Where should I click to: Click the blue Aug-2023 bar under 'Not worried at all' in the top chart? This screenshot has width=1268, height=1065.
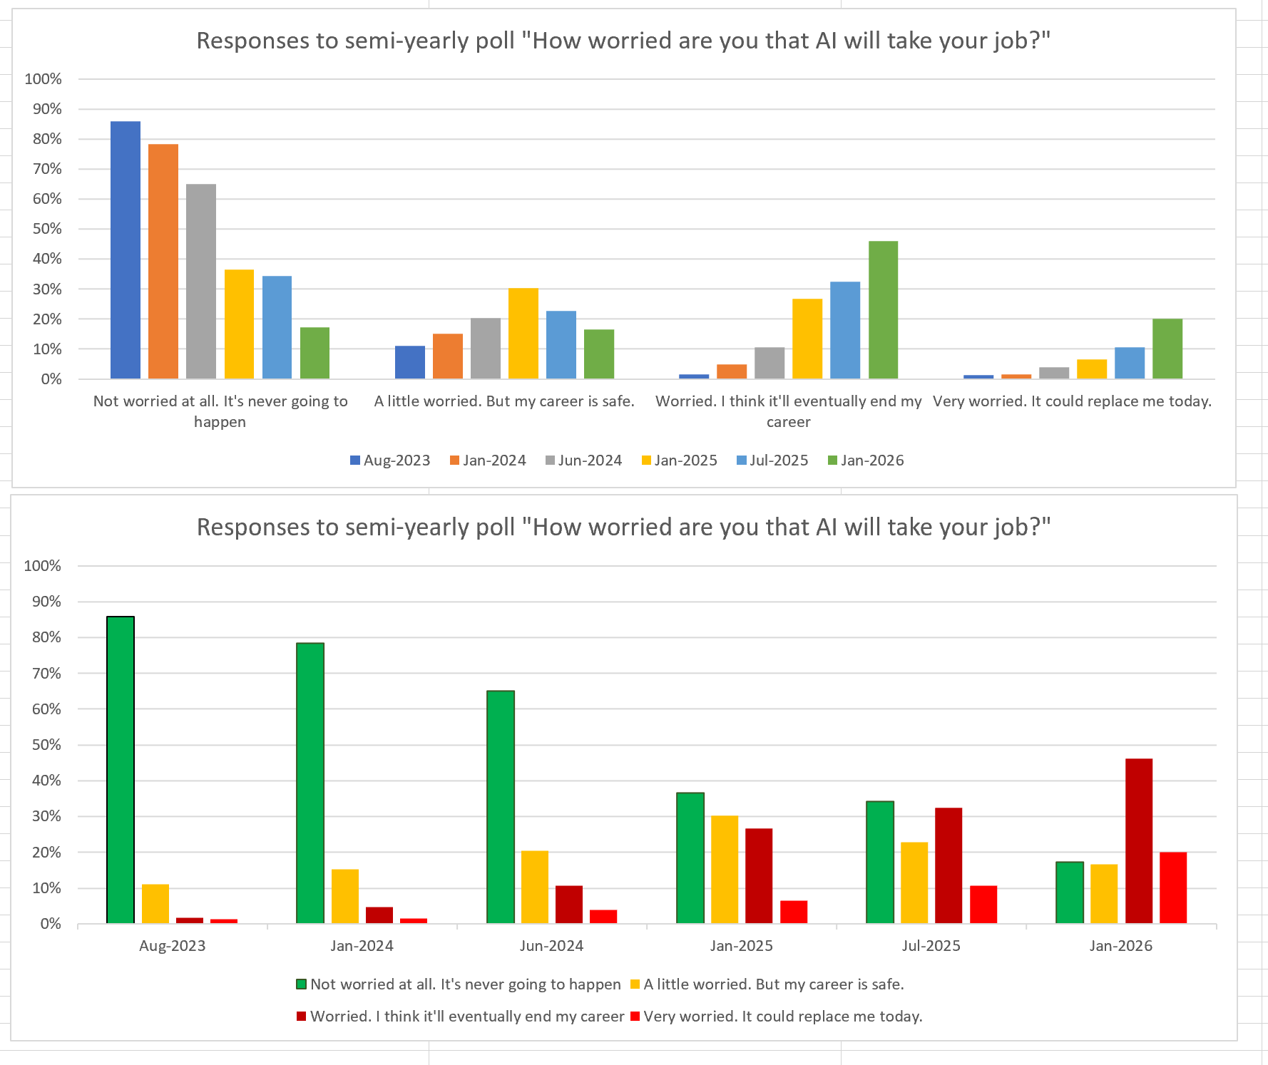pos(126,249)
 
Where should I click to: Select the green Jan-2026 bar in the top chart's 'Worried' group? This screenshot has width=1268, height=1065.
pos(883,310)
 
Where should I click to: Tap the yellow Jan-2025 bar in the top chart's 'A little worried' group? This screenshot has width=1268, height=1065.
pos(523,333)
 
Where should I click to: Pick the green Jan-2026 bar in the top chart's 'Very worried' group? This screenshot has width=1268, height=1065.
pos(1167,349)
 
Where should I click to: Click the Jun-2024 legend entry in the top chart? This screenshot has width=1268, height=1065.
pos(583,461)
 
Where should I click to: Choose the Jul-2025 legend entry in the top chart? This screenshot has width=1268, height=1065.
pos(772,461)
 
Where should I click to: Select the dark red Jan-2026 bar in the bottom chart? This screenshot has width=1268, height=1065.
pos(1139,841)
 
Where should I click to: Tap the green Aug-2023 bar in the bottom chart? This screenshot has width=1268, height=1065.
pos(121,770)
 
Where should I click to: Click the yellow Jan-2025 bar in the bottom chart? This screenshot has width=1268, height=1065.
pos(725,870)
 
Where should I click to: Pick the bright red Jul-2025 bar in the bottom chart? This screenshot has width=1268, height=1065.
pos(983,905)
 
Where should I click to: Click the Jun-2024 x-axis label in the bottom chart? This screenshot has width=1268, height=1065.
pos(551,946)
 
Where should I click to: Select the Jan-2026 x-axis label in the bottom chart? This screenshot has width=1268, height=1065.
pos(1120,946)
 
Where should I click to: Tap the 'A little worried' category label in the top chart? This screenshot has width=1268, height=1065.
pos(504,401)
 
